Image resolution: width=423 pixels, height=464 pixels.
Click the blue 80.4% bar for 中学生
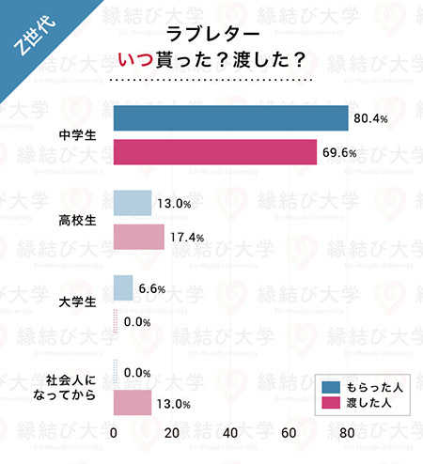click(x=230, y=118)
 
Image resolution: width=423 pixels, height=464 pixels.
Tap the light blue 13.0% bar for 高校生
click(x=133, y=203)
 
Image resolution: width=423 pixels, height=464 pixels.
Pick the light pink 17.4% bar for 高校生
click(x=139, y=237)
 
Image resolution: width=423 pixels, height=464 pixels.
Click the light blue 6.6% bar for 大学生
click(x=123, y=287)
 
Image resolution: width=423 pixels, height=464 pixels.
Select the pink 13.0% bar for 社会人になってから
click(x=133, y=404)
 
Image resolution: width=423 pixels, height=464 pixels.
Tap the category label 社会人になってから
click(x=71, y=389)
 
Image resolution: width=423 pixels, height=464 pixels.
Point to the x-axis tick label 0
click(x=114, y=434)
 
